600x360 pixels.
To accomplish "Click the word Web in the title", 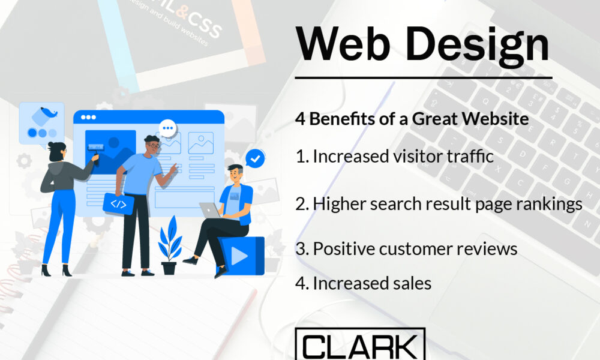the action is pyautogui.click(x=343, y=44).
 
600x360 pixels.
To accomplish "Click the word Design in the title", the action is pyautogui.click(x=478, y=47).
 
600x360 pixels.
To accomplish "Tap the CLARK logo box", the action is pyautogui.click(x=360, y=344).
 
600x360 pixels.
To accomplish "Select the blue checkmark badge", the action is pyautogui.click(x=255, y=158).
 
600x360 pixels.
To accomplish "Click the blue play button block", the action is pyautogui.click(x=241, y=255).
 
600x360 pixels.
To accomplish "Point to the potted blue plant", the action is pyautogui.click(x=170, y=245).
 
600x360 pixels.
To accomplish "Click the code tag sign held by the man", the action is pyautogui.click(x=118, y=203).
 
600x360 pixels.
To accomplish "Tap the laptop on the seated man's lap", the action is pyautogui.click(x=211, y=211).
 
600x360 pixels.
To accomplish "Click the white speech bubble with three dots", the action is pyautogui.click(x=167, y=128).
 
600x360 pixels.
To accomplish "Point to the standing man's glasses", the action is pyautogui.click(x=154, y=145).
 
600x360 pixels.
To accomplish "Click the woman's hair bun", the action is pyautogui.click(x=51, y=145).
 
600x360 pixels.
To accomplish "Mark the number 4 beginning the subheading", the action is pyautogui.click(x=301, y=119).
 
